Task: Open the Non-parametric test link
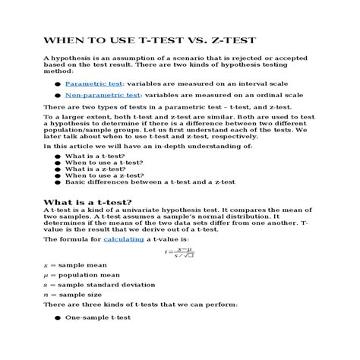(x=103, y=95)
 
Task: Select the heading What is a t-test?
(x=87, y=202)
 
